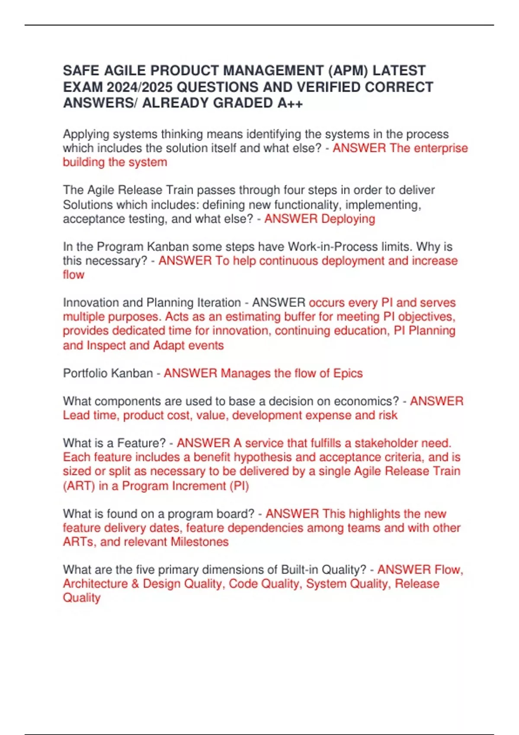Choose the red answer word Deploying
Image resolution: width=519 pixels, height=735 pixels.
click(x=348, y=219)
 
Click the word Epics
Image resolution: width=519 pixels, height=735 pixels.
click(x=348, y=373)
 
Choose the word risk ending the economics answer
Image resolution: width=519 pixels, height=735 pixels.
click(x=388, y=415)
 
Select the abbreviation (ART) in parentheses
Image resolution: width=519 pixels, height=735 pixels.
click(x=79, y=486)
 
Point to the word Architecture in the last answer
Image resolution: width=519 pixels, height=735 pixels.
click(x=95, y=584)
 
